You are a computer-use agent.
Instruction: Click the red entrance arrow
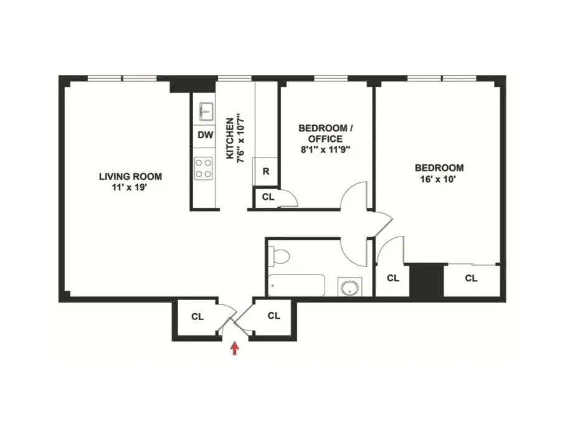(x=235, y=347)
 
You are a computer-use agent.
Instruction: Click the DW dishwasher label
(x=204, y=136)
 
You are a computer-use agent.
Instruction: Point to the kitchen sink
(x=205, y=112)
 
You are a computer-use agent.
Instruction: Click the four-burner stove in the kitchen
(x=204, y=166)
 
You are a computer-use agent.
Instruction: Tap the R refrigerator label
(x=265, y=172)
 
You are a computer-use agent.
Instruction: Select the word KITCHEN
(x=229, y=137)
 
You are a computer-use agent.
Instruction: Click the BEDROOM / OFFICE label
(x=326, y=133)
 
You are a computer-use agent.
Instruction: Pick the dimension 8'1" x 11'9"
(x=326, y=149)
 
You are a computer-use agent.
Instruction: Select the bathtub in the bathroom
(x=297, y=286)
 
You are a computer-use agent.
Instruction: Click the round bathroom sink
(x=349, y=288)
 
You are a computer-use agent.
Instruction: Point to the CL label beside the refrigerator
(x=268, y=197)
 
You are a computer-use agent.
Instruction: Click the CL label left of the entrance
(x=197, y=316)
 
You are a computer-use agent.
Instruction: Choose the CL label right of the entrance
(x=273, y=316)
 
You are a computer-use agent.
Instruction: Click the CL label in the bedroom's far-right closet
(x=471, y=278)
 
